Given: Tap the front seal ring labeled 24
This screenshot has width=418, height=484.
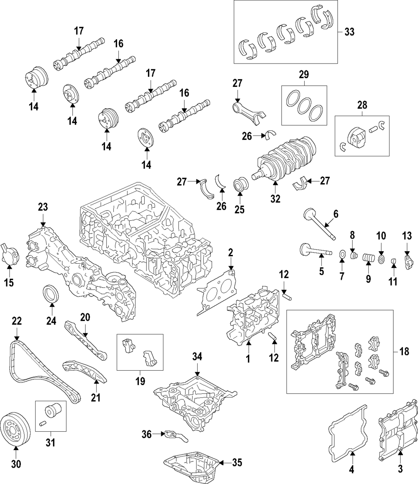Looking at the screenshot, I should coord(51,293).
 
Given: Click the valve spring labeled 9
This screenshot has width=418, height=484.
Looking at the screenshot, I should coord(368,258).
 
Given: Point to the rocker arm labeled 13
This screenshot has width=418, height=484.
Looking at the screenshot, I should coord(408,260).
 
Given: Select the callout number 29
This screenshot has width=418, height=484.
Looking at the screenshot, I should coord(303,75).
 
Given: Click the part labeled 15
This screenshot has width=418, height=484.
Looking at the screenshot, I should coord(9,255).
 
